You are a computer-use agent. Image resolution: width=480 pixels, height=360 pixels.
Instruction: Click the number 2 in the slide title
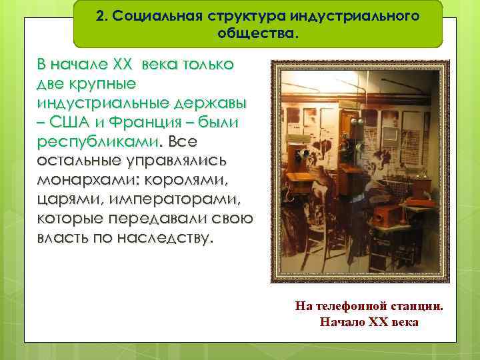click(x=100, y=16)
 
